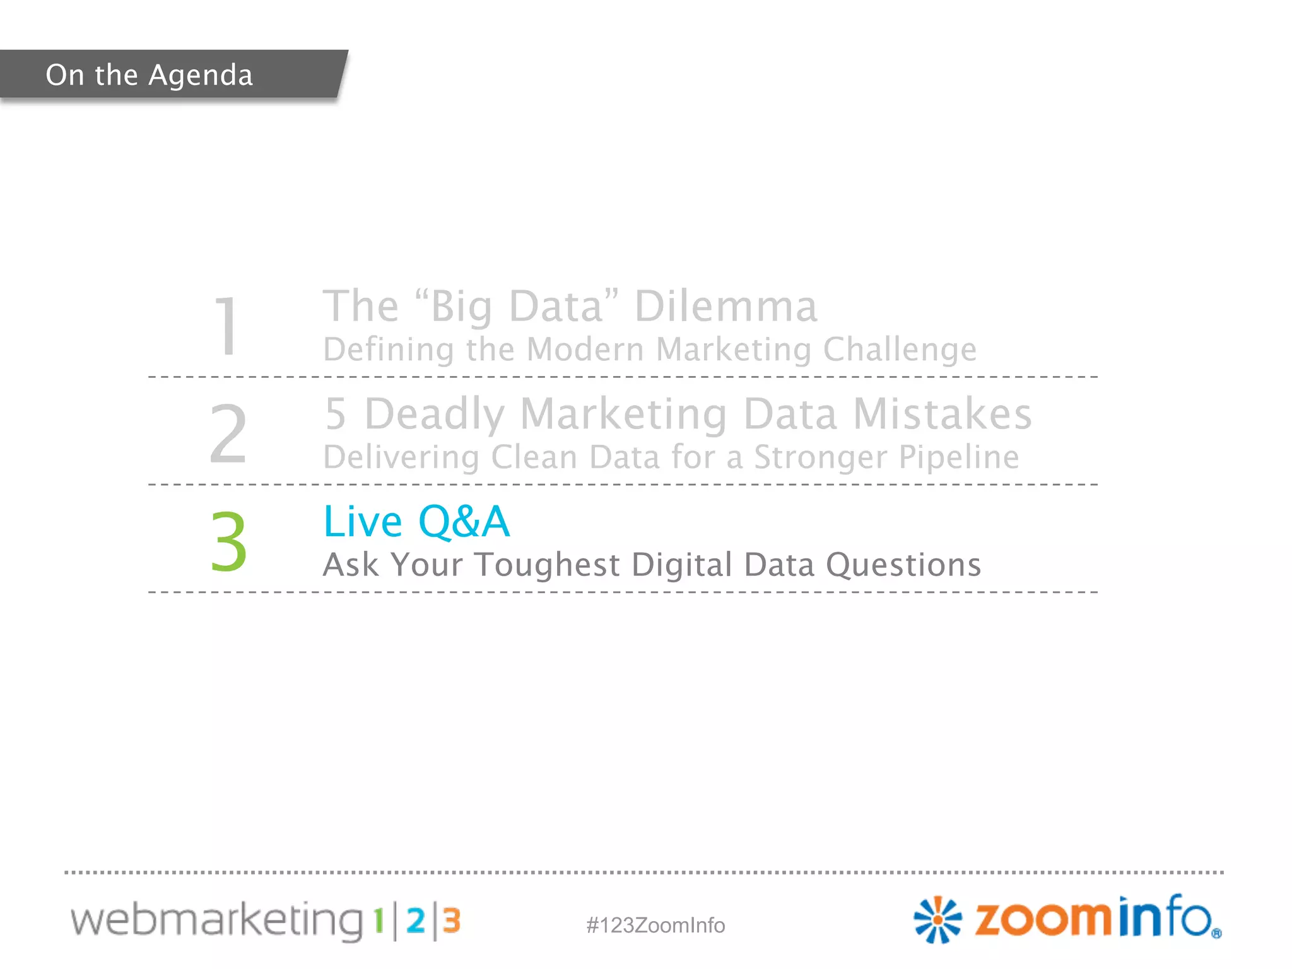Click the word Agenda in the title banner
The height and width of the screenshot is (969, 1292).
click(201, 76)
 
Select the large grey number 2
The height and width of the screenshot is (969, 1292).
click(228, 434)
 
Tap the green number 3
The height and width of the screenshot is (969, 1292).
click(228, 541)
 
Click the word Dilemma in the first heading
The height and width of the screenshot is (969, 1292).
click(725, 307)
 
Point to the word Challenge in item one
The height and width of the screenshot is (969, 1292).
click(900, 349)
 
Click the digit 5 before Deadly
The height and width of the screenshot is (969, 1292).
click(336, 414)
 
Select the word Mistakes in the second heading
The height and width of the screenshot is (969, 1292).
click(943, 414)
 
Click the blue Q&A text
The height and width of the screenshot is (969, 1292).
click(464, 522)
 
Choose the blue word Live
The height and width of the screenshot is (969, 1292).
click(363, 522)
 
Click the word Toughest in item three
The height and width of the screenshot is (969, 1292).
click(547, 565)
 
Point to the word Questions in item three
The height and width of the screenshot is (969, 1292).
click(903, 565)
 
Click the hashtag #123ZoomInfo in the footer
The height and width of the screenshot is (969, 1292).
click(655, 925)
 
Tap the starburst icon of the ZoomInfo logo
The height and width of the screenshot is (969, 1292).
click(937, 920)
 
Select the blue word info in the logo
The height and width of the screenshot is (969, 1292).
click(1166, 917)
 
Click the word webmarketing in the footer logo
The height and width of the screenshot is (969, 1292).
click(216, 920)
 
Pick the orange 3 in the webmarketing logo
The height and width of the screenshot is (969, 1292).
click(451, 921)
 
